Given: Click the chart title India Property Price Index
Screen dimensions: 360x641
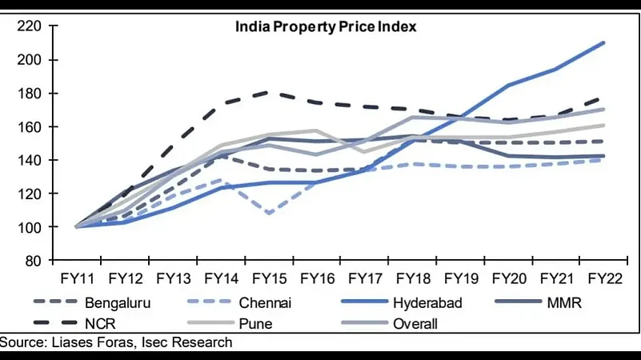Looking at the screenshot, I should click(326, 26).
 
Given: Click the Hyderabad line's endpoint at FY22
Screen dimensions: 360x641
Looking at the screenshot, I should click(603, 42).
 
